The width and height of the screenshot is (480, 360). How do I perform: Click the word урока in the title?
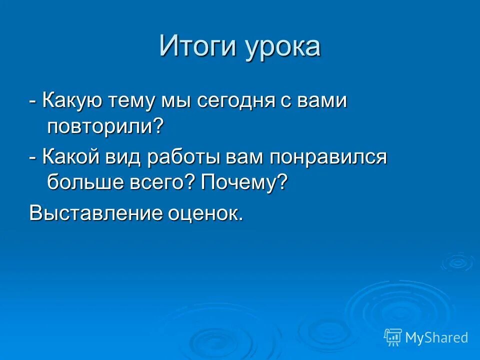[x=283, y=48]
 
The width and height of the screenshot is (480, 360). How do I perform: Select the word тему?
[x=132, y=101]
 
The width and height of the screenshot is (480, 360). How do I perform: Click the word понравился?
[x=328, y=158]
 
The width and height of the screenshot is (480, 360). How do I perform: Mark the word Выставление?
[x=96, y=213]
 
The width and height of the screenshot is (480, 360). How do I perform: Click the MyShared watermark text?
[x=436, y=337]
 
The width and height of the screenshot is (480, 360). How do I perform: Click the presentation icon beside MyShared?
[x=393, y=337]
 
